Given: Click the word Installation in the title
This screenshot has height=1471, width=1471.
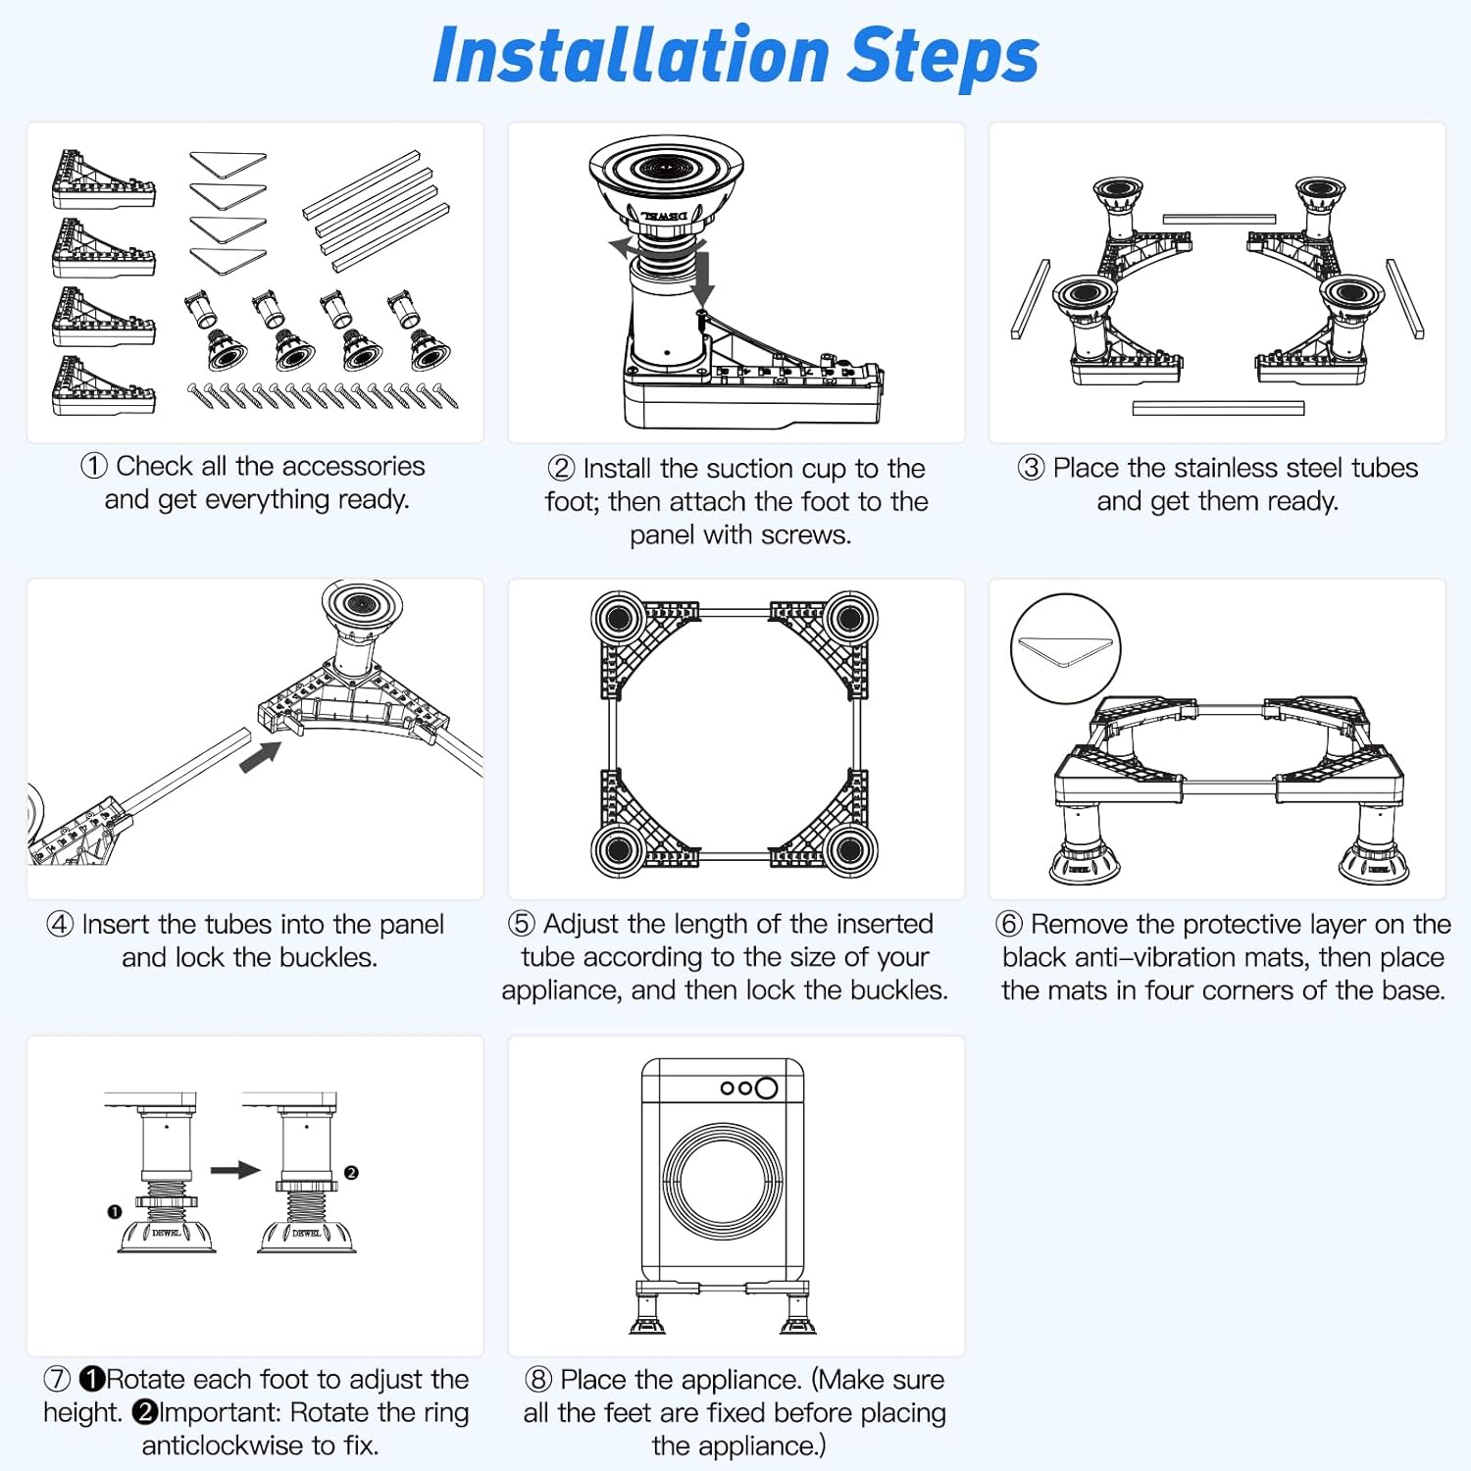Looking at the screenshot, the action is pos(633,56).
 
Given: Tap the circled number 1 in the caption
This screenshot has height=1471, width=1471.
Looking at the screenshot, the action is pos(93,466).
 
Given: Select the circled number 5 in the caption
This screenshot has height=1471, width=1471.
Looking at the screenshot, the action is pos(522,924).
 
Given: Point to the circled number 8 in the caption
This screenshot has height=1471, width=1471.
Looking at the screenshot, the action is pos(538,1379).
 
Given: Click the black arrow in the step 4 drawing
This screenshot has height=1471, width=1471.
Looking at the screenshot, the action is pos(261,756).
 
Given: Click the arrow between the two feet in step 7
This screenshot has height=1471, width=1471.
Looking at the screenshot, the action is pos(235,1170).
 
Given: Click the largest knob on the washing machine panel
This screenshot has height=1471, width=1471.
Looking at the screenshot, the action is pos(767,1088).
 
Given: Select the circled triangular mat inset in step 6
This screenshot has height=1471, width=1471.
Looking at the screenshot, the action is pos(1065,649).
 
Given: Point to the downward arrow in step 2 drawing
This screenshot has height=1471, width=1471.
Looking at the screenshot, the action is pos(702,279).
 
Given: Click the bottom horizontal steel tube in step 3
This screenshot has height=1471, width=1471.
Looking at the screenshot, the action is pos(1218,408).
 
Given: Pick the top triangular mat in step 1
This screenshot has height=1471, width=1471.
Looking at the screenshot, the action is pos(228,163).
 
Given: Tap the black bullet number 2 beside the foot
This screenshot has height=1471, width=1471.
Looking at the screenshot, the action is pos(351,1173).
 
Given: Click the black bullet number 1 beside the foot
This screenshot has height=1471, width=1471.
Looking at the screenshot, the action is pos(115,1212).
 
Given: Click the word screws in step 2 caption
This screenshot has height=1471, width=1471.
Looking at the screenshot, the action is pos(801,535).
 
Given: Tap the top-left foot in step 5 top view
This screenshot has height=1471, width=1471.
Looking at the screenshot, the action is pos(619,619).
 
